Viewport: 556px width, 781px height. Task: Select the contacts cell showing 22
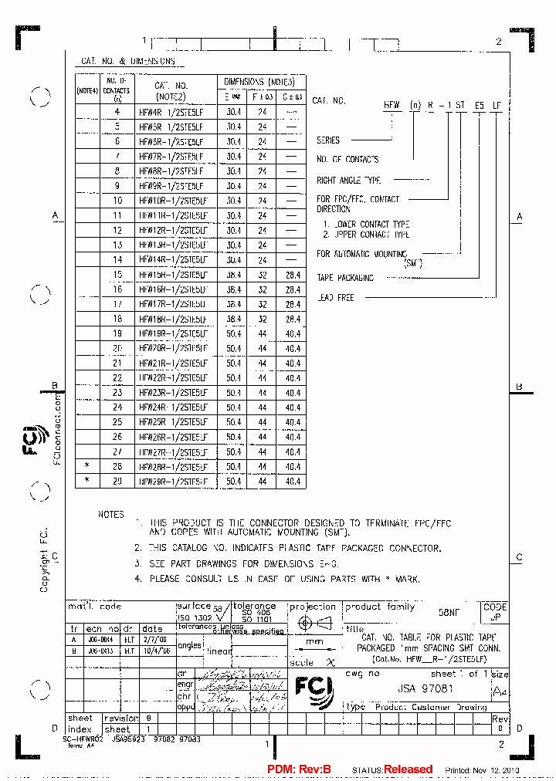117,378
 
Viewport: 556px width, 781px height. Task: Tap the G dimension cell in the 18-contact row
293,319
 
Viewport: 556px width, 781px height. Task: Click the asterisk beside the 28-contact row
87,467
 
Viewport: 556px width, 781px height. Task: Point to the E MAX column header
232,96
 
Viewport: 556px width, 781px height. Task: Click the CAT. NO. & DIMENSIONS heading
128,61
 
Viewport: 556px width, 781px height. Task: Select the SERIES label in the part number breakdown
328,140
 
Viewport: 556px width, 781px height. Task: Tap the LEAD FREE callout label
335,298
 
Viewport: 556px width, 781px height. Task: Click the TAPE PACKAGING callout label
345,278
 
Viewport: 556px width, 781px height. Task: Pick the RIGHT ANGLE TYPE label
349,181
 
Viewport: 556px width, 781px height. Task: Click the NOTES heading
110,514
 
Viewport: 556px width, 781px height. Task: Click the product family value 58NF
449,612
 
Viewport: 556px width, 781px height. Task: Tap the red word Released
409,769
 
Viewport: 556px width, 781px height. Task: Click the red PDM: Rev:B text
299,769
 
